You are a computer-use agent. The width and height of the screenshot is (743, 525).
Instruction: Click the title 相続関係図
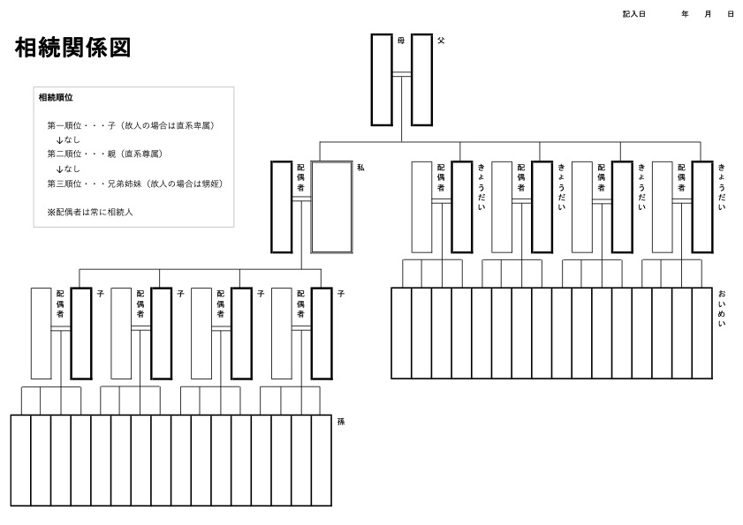click(73, 49)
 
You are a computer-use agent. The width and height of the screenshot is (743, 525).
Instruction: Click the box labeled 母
click(381, 79)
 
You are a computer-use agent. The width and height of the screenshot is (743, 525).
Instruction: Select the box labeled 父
click(421, 79)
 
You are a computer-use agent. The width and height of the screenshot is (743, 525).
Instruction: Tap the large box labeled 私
click(331, 207)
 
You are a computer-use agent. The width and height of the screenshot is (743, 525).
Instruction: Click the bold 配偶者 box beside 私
click(281, 207)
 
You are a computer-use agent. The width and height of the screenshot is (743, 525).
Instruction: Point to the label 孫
click(341, 422)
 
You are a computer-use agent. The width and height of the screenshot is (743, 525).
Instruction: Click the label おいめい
click(722, 310)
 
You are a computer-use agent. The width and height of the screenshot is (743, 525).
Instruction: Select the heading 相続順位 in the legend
click(56, 97)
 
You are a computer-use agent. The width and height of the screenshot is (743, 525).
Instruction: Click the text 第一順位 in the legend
click(64, 125)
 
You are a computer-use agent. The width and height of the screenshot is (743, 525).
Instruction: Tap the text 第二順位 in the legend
click(64, 154)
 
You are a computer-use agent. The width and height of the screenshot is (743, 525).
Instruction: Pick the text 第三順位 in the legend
click(64, 184)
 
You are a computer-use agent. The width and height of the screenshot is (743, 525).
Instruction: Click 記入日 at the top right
click(634, 14)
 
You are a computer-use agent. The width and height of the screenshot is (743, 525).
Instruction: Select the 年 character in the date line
click(685, 14)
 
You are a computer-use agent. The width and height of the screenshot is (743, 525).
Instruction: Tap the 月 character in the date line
click(708, 14)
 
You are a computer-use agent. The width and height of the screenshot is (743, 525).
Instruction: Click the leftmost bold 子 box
click(80, 333)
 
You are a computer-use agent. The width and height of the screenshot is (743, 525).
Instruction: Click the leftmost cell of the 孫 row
click(20, 460)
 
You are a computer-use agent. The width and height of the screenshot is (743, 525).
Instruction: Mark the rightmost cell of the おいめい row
click(702, 333)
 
